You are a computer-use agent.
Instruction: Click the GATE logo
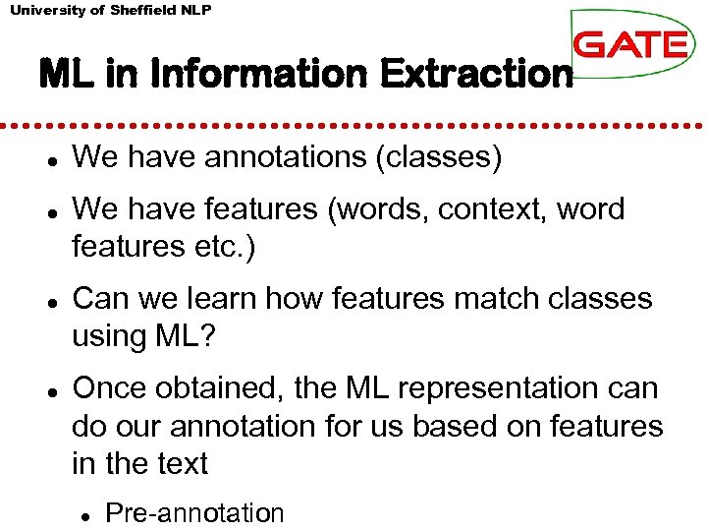click(x=628, y=44)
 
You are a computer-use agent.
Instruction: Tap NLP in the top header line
click(x=193, y=10)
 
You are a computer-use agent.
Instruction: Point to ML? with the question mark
click(x=190, y=335)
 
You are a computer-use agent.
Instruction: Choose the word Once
click(x=110, y=388)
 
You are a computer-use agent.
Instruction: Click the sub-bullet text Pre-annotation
click(x=194, y=512)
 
